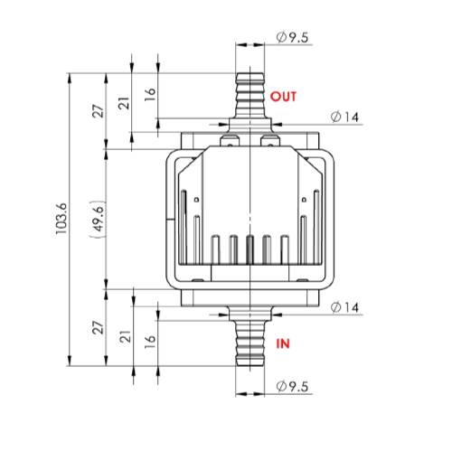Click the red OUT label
coord(283,97)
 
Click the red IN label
coord(283,343)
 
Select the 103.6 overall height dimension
coord(61,219)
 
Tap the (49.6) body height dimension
coord(99,219)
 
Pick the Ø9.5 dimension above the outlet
coord(292,38)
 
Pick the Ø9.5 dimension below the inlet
coord(292,386)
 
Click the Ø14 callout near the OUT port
coord(344,117)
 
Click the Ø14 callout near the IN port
coord(344,307)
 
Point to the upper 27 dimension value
coord(98,111)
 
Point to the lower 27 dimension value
coord(98,327)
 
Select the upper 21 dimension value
coord(124,103)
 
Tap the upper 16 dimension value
coord(150,94)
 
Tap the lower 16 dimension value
coord(150,342)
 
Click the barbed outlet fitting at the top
coord(250,96)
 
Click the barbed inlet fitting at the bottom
coord(250,343)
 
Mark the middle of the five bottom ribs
coord(250,249)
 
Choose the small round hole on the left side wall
coord(196,199)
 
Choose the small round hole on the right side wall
coord(304,199)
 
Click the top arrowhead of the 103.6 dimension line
coord(70,79)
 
